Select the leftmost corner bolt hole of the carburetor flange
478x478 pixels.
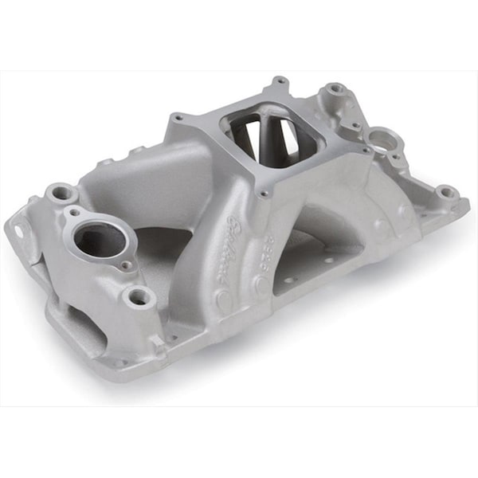click(x=177, y=119)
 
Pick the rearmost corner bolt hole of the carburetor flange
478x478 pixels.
click(x=280, y=81)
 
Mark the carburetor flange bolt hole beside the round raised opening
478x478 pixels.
click(x=366, y=149)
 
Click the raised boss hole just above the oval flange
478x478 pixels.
click(x=61, y=193)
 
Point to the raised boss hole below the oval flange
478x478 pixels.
click(x=141, y=297)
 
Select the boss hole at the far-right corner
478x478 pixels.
click(x=447, y=192)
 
